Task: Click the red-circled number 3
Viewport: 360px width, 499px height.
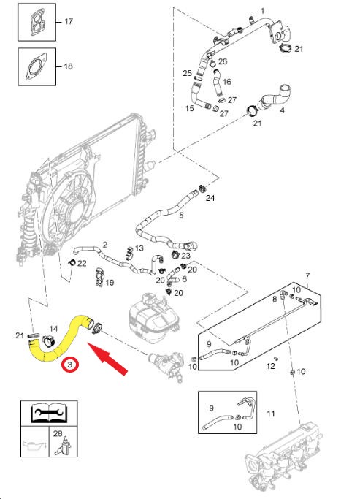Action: coord(71,365)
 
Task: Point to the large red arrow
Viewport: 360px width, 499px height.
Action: coord(107,359)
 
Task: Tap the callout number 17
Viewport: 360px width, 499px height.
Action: coord(69,21)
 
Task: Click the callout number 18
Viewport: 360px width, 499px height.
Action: coord(69,66)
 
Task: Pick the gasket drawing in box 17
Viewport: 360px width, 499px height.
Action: coord(37,22)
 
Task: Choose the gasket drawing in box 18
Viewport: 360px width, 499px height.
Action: coord(37,66)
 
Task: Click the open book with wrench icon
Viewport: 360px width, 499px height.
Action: coord(49,413)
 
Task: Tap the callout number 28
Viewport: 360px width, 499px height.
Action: coord(58,433)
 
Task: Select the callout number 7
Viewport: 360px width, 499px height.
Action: coord(307,275)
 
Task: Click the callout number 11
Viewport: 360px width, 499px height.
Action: coord(271,414)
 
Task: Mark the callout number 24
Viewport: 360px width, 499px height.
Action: coord(210,198)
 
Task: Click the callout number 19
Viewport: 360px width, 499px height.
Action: coord(110,282)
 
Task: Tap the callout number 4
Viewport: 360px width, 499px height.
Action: coord(282,110)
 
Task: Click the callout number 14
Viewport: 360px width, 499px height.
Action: coord(53,329)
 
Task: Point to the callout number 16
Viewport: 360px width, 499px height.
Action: coord(227,82)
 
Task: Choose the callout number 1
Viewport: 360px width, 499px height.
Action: coord(262,12)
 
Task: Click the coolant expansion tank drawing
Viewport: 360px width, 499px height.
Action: coord(153,319)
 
